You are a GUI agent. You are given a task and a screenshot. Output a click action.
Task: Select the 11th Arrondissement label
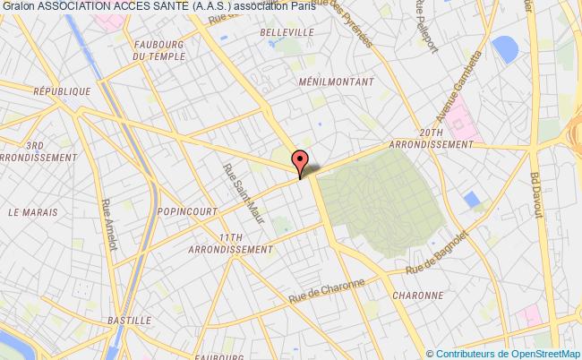click(238, 243)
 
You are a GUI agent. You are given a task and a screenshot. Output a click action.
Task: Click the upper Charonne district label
click(418, 295)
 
